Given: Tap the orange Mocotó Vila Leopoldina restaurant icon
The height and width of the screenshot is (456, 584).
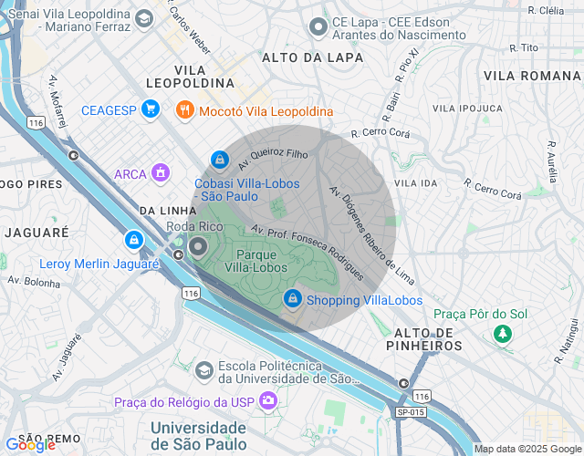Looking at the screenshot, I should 184,110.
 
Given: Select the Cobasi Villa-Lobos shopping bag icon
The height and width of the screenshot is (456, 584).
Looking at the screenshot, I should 219,158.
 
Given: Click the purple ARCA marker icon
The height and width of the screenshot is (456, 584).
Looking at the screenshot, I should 162,171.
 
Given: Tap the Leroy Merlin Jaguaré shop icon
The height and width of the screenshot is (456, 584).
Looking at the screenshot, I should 134,241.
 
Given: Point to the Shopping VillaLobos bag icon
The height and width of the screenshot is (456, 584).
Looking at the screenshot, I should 293,298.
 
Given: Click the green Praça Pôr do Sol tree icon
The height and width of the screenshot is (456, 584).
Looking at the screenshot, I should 501,335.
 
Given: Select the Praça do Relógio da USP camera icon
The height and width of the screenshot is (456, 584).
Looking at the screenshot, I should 267,400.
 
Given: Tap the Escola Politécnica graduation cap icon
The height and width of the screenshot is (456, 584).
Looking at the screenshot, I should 204,369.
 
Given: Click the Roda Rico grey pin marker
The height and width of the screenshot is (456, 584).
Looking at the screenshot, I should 199,246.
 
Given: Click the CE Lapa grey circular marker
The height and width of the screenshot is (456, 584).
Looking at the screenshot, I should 318,27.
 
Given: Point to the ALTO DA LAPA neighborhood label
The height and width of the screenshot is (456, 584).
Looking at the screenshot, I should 312,57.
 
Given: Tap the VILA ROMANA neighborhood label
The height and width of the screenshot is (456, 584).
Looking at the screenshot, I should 527,75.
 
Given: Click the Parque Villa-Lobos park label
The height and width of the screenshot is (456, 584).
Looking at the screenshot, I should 263,261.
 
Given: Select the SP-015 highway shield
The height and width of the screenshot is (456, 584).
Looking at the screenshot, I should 411,412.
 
